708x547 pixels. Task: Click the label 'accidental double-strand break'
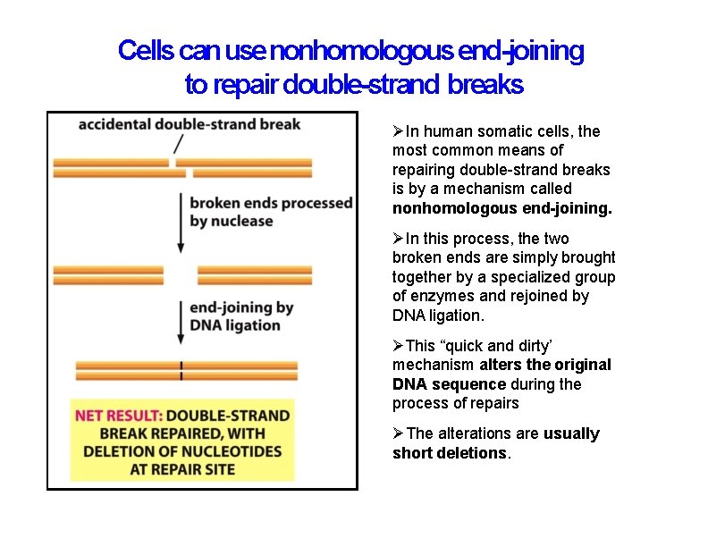pyautogui.click(x=190, y=124)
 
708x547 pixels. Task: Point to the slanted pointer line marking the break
pyautogui.click(x=179, y=143)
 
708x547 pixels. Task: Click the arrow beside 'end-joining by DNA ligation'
pyautogui.click(x=181, y=317)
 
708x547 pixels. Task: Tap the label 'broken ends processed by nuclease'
pyautogui.click(x=271, y=212)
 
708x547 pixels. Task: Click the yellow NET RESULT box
pyautogui.click(x=182, y=441)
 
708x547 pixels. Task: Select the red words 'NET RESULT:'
pyautogui.click(x=117, y=416)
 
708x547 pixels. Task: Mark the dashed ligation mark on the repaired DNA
pyautogui.click(x=181, y=370)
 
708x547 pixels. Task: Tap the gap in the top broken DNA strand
pyautogui.click(x=173, y=167)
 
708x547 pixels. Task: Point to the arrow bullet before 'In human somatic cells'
pyautogui.click(x=399, y=131)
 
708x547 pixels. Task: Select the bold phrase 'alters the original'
pyautogui.click(x=545, y=365)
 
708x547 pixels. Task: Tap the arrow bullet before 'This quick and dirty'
pyautogui.click(x=399, y=346)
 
